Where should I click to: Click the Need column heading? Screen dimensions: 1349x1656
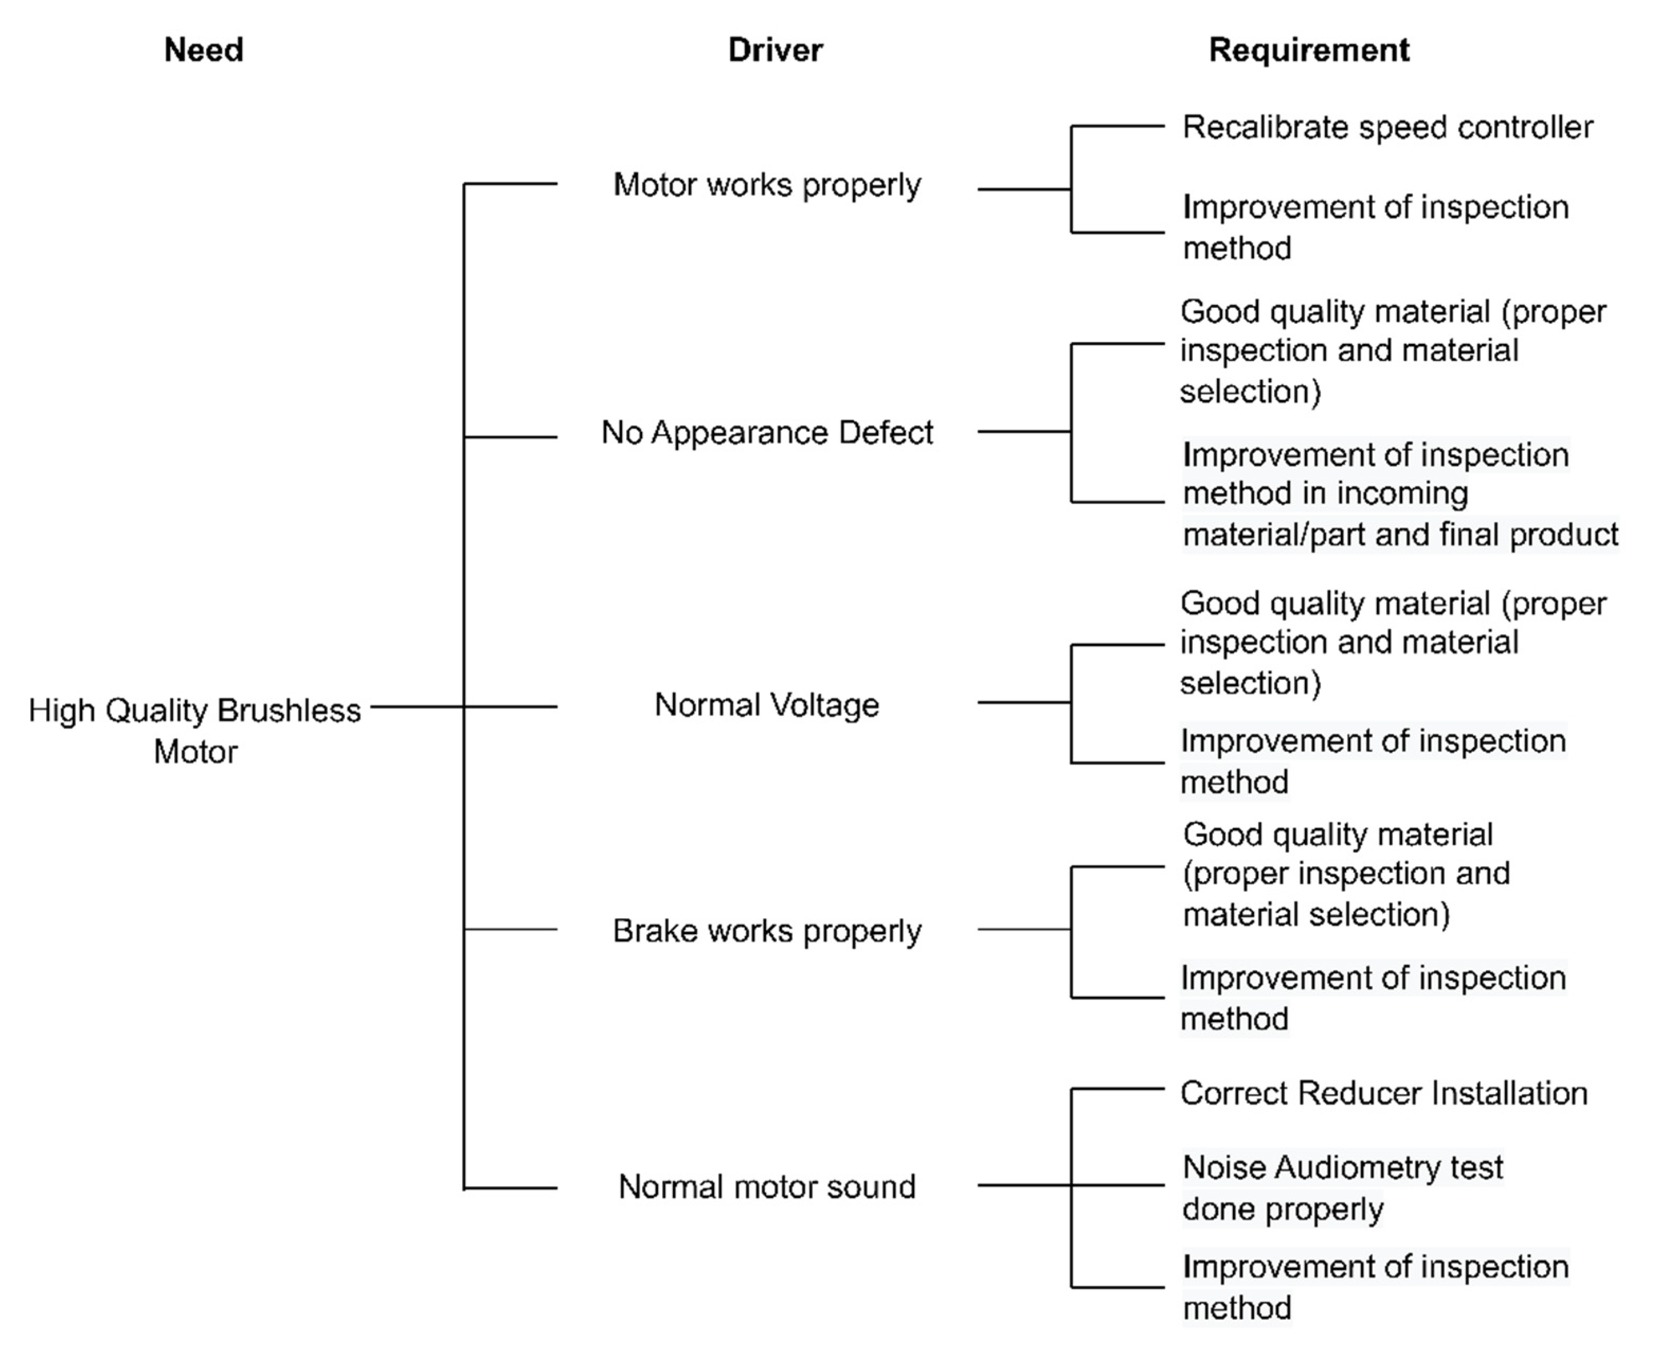pos(204,50)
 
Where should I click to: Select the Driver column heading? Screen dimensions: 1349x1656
pos(775,50)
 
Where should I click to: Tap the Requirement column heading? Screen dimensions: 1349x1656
pos(1309,50)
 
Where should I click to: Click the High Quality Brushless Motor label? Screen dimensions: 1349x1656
pos(195,730)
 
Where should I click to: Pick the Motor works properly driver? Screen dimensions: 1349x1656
pos(767,185)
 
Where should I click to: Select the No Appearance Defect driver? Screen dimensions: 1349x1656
pos(767,432)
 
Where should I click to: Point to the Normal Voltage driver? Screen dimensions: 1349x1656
pos(767,705)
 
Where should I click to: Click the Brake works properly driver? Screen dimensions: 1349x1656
pos(767,930)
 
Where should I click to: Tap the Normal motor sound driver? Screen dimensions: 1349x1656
pos(767,1187)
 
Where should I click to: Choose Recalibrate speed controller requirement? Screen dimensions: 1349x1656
pos(1387,126)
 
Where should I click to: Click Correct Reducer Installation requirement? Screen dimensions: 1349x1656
pos(1383,1093)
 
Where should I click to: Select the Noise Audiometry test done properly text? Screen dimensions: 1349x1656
pos(1342,1188)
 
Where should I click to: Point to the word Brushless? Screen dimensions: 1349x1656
pos(289,710)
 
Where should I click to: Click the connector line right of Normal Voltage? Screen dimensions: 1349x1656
pos(1024,702)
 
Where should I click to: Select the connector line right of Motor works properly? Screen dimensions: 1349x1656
pos(1024,189)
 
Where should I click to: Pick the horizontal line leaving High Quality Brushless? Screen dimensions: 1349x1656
pos(417,707)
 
